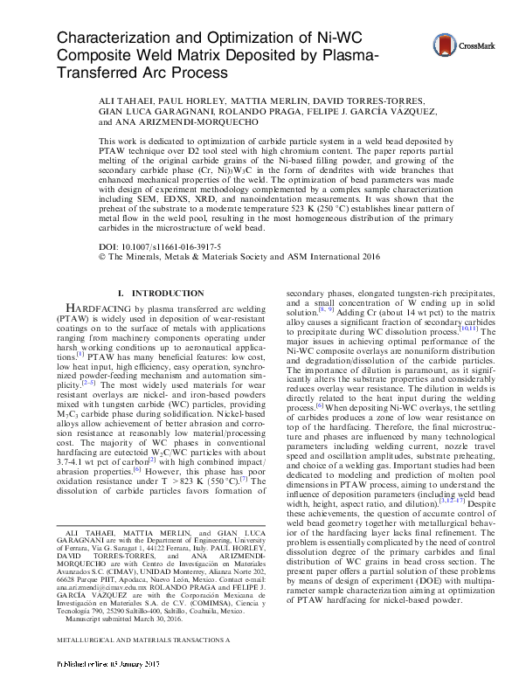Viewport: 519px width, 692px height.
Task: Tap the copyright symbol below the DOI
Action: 104,259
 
